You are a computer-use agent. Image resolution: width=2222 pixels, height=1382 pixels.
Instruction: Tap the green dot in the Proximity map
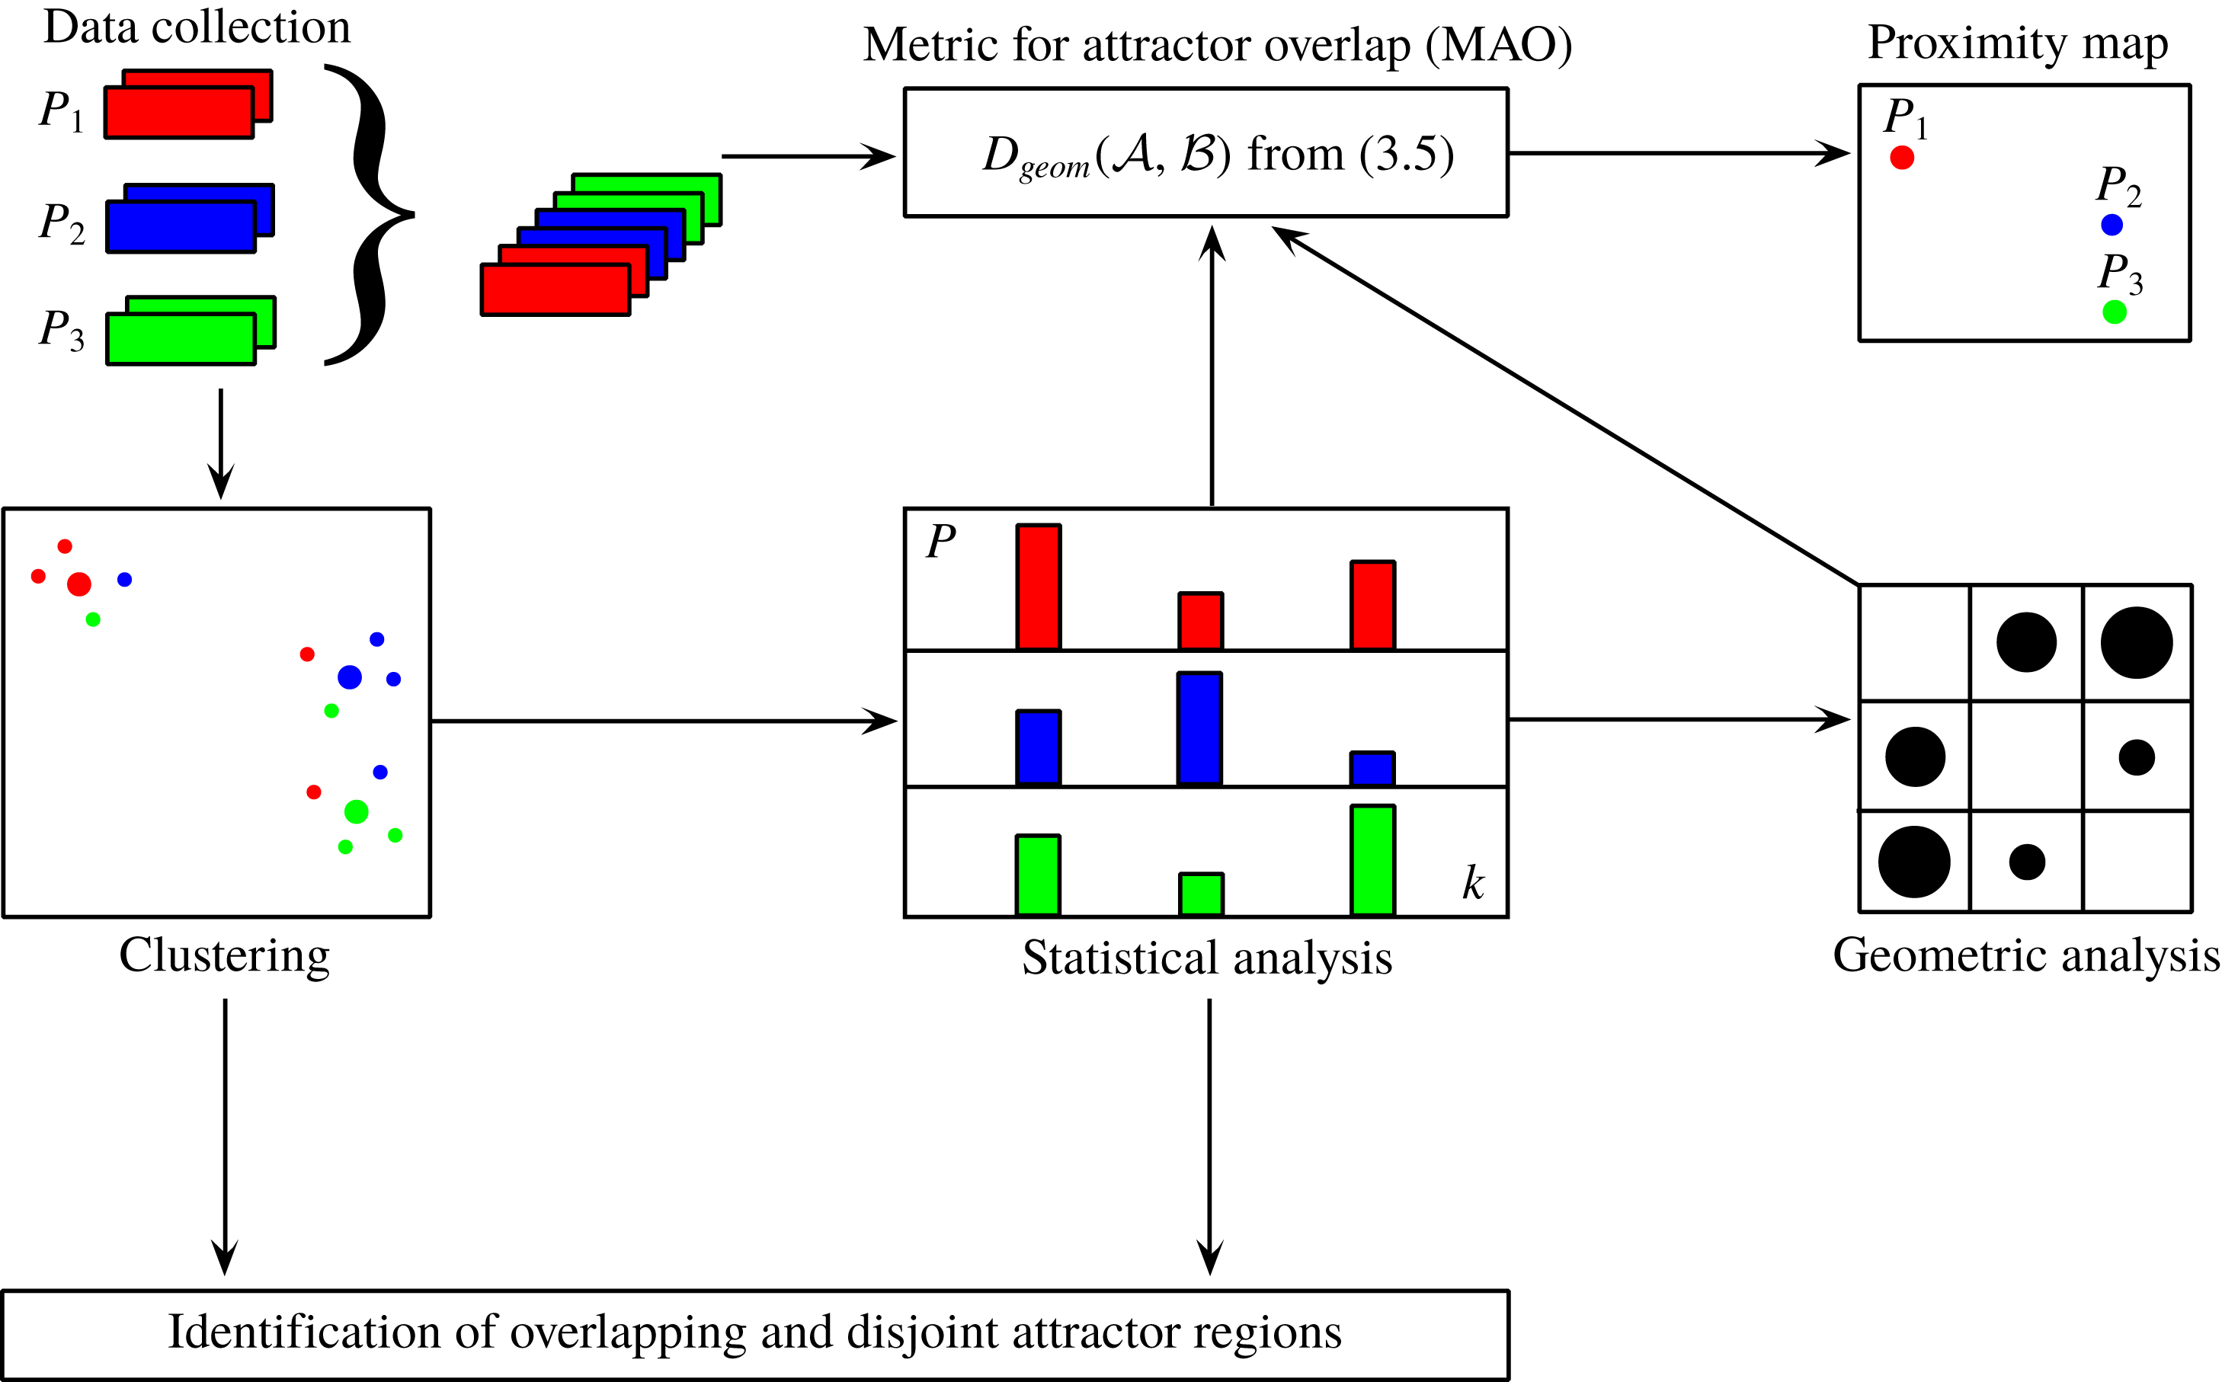click(x=2114, y=312)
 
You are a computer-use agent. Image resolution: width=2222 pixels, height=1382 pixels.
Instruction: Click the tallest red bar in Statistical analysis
click(x=1039, y=587)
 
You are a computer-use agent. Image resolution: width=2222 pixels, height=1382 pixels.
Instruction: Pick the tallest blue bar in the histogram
click(x=1199, y=728)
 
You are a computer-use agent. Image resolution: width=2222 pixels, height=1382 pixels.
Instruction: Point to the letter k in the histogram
click(x=1472, y=883)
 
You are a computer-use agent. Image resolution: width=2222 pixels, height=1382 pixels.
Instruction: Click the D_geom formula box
click(x=1205, y=152)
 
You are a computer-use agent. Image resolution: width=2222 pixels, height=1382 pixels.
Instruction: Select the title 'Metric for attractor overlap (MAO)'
click(x=1218, y=44)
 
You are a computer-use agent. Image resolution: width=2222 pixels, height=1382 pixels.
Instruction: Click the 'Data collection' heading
click(x=197, y=27)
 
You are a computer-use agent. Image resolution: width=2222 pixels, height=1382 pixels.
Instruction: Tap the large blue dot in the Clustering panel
click(x=349, y=677)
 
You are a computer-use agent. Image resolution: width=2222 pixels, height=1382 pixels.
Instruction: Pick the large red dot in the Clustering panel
click(x=79, y=584)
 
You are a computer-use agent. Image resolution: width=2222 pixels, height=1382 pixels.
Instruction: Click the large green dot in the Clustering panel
click(x=357, y=811)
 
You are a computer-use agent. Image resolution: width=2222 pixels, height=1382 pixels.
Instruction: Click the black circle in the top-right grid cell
click(x=2136, y=642)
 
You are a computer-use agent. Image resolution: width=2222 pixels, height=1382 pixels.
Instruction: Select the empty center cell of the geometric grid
click(x=2026, y=756)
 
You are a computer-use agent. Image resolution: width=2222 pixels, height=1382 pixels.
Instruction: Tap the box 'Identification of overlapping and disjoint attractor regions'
click(x=755, y=1333)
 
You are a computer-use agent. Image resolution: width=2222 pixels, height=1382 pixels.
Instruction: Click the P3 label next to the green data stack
click(x=61, y=330)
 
